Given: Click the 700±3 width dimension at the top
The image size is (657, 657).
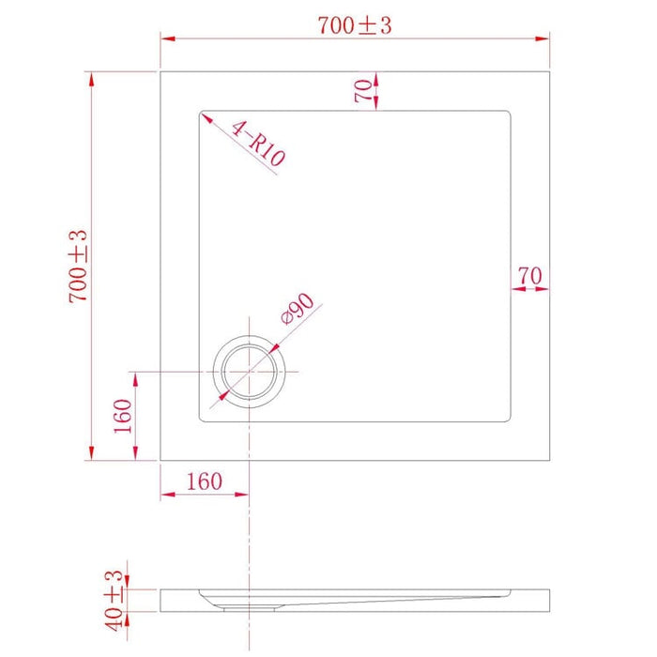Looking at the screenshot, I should pyautogui.click(x=354, y=25).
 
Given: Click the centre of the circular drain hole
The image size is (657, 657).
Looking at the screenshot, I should pyautogui.click(x=249, y=373).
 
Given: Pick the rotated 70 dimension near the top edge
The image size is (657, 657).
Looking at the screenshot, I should pyautogui.click(x=362, y=90).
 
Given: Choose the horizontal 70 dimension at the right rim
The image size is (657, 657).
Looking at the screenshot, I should pyautogui.click(x=529, y=275).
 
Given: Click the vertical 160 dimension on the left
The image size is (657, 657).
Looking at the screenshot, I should pyautogui.click(x=123, y=416).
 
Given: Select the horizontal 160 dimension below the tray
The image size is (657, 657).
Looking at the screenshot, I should pyautogui.click(x=204, y=481).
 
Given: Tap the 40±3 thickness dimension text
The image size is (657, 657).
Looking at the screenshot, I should pyautogui.click(x=115, y=599).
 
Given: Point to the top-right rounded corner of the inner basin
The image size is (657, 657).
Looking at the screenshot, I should pyautogui.click(x=508, y=115).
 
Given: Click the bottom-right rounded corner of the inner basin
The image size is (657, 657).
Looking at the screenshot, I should pyautogui.click(x=508, y=419).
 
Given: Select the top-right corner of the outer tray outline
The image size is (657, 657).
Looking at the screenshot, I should pyautogui.click(x=548, y=70).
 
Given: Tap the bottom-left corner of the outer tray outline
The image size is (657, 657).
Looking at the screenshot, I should pyautogui.click(x=160, y=460).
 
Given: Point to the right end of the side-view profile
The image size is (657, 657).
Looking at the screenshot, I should pyautogui.click(x=547, y=597).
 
